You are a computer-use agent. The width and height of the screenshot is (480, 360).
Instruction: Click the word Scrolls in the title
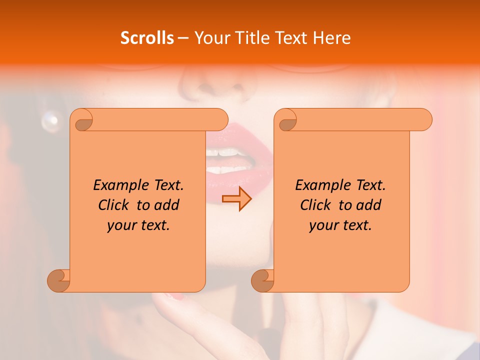(147, 38)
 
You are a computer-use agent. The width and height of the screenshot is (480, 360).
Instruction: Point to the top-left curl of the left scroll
(83, 120)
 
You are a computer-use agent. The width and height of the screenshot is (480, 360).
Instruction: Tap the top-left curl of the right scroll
(287, 120)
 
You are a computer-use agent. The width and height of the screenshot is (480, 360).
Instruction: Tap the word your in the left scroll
(121, 225)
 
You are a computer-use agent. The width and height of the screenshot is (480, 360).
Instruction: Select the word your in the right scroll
(324, 225)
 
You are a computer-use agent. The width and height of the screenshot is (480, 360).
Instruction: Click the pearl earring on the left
(50, 121)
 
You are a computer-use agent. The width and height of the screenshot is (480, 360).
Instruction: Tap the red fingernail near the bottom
(178, 297)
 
